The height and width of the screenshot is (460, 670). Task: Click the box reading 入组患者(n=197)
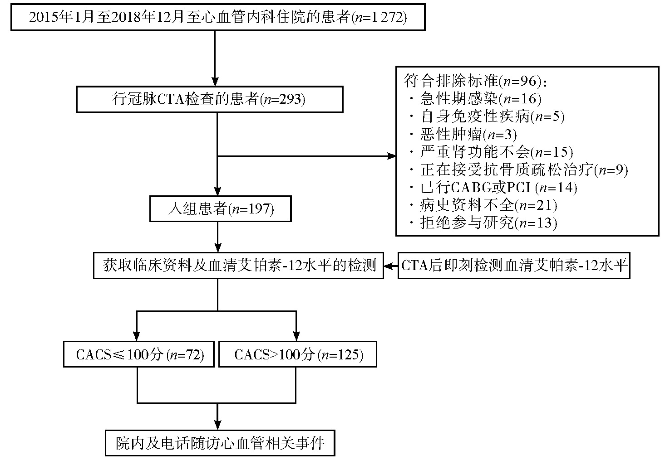221,208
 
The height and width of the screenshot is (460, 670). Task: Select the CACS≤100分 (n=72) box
139,354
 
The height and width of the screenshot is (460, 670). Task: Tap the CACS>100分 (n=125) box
298,354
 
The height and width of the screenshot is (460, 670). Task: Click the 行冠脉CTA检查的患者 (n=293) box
209,99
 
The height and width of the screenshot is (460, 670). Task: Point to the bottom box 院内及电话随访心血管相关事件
220,443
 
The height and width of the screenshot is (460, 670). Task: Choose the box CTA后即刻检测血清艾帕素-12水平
514,266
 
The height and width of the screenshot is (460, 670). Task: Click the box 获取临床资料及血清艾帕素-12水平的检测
238,266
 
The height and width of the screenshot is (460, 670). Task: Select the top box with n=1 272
218,17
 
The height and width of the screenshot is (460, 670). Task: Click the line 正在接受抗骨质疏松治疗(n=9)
518,169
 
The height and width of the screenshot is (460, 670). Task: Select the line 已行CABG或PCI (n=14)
493,187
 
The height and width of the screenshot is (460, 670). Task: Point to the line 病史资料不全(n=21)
483,205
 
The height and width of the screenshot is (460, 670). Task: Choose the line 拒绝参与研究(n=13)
483,223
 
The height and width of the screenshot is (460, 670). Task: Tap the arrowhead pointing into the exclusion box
392,156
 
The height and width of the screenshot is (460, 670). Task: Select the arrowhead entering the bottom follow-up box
217,425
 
